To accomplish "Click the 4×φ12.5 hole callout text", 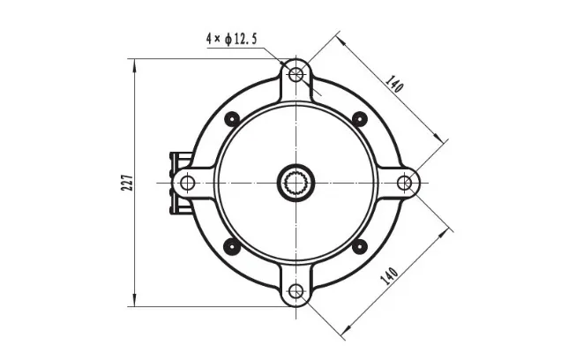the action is (232, 39).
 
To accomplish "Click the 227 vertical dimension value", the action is (127, 182).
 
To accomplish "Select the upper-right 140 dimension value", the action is (394, 84).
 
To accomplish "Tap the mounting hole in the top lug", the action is (295, 75).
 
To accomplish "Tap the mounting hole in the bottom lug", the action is (295, 292).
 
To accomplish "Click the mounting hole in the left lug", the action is (187, 183).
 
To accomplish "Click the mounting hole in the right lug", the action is (405, 183).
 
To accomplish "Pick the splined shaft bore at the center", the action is (295, 183).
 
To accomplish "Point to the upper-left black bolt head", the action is (233, 119).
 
